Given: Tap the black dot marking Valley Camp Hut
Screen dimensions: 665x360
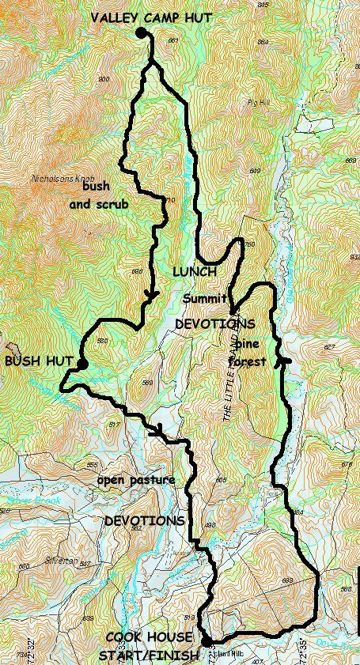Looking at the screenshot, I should (x=141, y=32).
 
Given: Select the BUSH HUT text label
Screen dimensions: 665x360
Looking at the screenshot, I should (x=34, y=361).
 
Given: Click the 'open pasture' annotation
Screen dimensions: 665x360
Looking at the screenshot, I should (x=135, y=481).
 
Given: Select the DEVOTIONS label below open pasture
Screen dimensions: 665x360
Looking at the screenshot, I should (x=145, y=521).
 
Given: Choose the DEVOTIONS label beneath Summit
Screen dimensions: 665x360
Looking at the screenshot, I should (x=214, y=324).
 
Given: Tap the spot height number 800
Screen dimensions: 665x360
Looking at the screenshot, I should (x=102, y=79).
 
